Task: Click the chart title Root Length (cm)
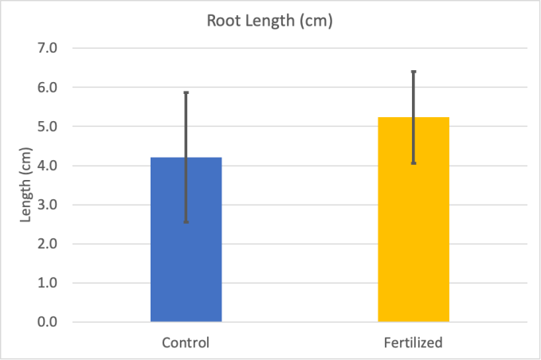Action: click(x=269, y=22)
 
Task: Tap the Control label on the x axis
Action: click(x=186, y=343)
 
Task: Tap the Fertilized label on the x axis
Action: click(x=414, y=343)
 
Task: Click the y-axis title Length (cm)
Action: click(x=25, y=185)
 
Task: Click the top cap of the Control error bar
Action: click(x=186, y=92)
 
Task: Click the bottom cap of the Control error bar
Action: click(x=186, y=222)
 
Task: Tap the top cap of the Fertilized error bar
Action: click(x=414, y=72)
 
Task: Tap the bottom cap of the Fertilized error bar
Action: click(x=414, y=163)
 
